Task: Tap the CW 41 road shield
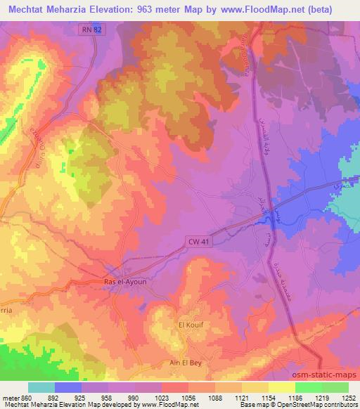point(198,242)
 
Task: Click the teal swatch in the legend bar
point(41,387)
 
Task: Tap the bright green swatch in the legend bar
point(308,387)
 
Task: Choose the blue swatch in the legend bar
point(68,387)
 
